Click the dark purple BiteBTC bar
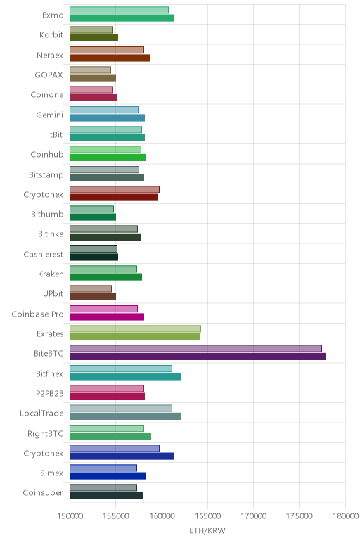[x=198, y=357]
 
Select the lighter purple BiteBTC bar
[x=195, y=348]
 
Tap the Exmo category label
[x=53, y=15]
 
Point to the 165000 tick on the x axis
[x=207, y=516]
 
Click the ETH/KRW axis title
[x=207, y=530]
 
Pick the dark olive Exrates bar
[x=135, y=337]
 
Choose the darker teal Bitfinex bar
[x=125, y=376]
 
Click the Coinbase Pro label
[x=38, y=314]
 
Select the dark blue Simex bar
[x=108, y=475]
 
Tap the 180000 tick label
[x=345, y=516]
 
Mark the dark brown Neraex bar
[x=110, y=58]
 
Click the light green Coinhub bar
[x=105, y=149]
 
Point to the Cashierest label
[x=44, y=254]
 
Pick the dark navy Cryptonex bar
[x=122, y=456]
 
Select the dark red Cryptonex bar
[x=114, y=198]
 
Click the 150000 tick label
[x=70, y=516]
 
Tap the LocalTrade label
[x=42, y=413]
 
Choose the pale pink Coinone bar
[x=91, y=90]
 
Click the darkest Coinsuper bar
[x=106, y=496]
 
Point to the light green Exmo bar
[x=119, y=10]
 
